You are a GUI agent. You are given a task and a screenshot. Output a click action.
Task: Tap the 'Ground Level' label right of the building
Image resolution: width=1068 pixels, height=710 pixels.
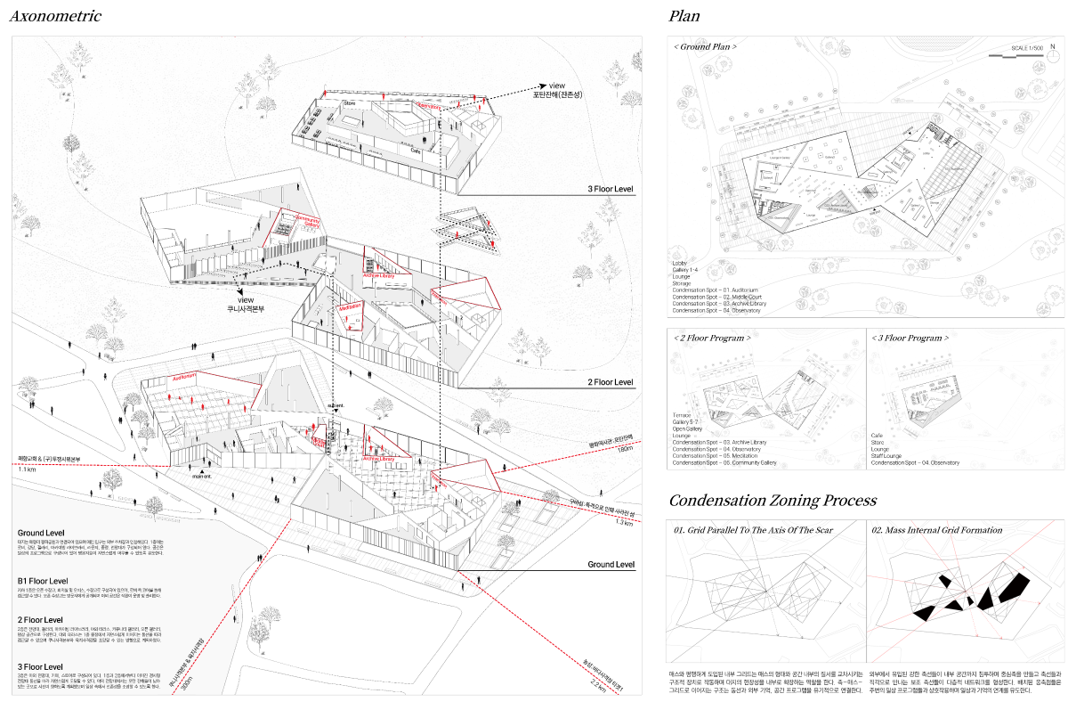click(x=610, y=565)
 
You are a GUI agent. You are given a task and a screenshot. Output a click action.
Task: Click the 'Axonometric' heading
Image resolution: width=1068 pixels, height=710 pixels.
click(x=55, y=16)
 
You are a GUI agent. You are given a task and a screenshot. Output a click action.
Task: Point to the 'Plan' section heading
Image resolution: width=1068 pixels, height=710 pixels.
click(x=684, y=16)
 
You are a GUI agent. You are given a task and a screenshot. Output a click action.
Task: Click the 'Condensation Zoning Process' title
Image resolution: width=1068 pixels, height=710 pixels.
click(x=773, y=501)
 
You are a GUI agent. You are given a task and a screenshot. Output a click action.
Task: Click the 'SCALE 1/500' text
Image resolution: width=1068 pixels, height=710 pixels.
click(x=1027, y=48)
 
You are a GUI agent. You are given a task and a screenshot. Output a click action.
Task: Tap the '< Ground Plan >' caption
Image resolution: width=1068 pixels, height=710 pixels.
click(x=705, y=46)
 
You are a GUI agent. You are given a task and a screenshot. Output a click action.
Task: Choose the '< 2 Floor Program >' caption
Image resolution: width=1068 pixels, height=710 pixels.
click(x=712, y=339)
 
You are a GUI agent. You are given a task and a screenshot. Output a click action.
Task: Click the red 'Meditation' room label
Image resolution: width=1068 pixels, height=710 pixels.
click(x=350, y=306)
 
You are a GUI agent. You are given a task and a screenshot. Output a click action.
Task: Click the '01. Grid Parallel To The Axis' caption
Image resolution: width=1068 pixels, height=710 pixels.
click(x=753, y=530)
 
